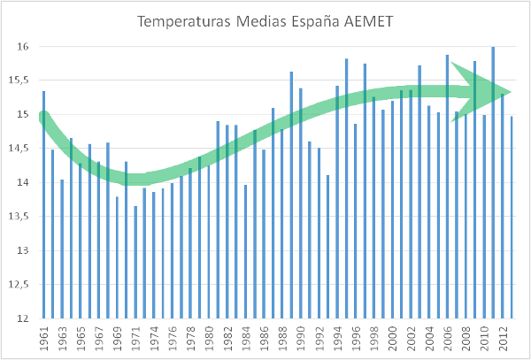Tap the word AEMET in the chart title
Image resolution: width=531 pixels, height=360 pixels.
click(375, 20)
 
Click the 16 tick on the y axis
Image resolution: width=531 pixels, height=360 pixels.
click(24, 47)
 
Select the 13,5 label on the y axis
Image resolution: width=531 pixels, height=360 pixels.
click(21, 217)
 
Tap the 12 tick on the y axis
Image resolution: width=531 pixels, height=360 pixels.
click(24, 318)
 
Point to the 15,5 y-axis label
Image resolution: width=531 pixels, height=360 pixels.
click(21, 80)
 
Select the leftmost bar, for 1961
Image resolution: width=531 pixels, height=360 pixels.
click(43, 221)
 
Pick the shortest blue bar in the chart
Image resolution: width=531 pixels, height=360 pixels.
click(135, 265)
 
